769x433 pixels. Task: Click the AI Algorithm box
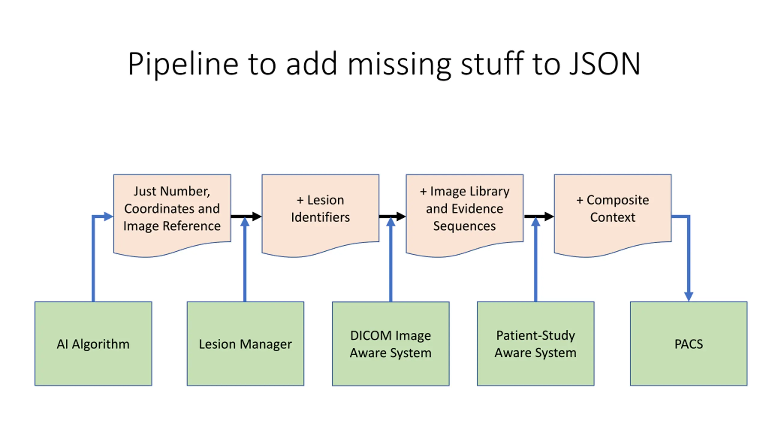point(93,343)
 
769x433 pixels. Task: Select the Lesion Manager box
point(245,343)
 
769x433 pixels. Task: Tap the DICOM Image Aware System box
point(391,343)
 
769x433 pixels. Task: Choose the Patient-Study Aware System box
point(536,343)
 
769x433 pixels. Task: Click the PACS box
point(688,343)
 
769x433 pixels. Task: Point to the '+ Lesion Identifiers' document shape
point(320,213)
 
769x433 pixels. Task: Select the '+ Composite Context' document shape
point(613,213)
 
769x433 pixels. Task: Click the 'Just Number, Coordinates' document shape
point(172,213)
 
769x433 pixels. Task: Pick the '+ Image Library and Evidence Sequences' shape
point(465,213)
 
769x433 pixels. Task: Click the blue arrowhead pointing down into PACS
point(688,296)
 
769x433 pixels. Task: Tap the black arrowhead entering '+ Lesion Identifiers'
point(257,216)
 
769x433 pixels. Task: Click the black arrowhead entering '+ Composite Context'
point(549,216)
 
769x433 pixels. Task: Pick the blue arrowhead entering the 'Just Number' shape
point(108,216)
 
